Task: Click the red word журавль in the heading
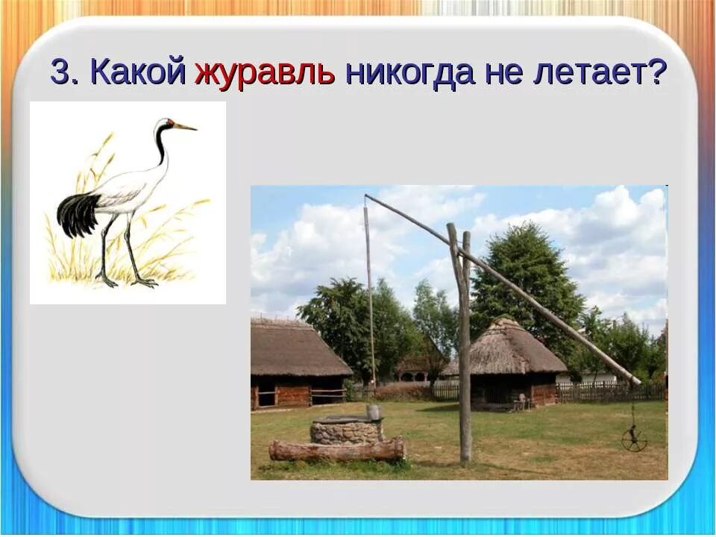click(x=265, y=73)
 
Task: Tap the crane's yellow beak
click(x=186, y=127)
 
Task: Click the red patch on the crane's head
click(x=171, y=121)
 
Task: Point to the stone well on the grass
click(x=346, y=430)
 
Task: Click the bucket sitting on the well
click(x=374, y=412)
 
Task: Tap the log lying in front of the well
click(x=336, y=449)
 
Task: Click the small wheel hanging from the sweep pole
click(x=634, y=439)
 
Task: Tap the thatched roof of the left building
click(x=295, y=349)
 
